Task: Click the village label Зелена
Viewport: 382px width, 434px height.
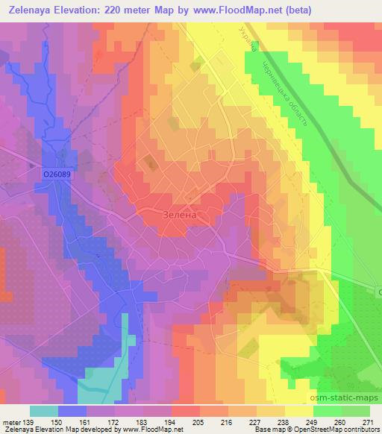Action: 179,214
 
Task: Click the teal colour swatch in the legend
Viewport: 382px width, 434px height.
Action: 44,411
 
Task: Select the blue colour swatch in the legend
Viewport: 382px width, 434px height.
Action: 72,411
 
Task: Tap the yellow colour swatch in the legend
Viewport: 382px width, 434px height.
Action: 298,411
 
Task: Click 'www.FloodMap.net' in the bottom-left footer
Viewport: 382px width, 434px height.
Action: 159,430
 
